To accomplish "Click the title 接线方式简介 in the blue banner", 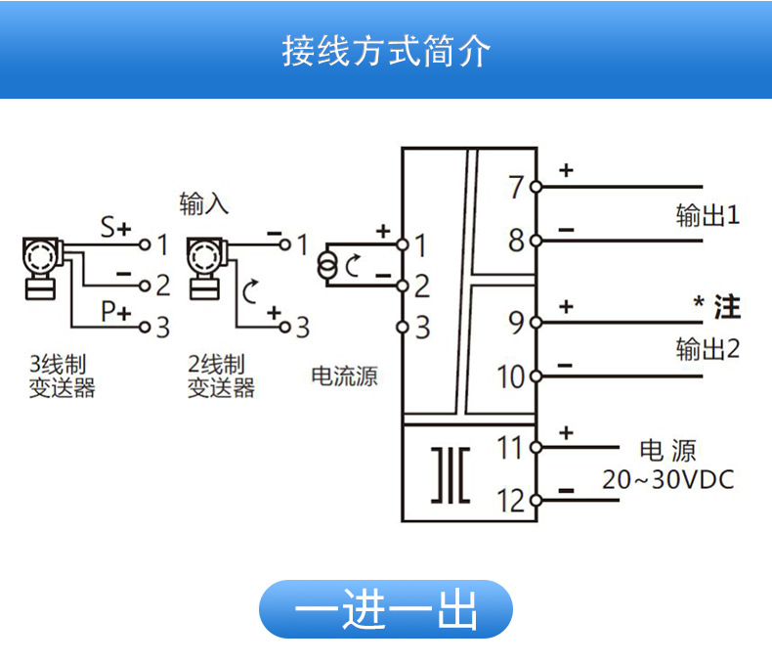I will (385, 51).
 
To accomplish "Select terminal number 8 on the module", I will (517, 240).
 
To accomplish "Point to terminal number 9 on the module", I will (516, 322).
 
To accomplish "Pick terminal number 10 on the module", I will (511, 376).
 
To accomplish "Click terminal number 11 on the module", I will (510, 449).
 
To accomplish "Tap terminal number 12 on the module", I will (510, 501).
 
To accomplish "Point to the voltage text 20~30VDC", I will (667, 480).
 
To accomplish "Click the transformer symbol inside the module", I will (450, 475).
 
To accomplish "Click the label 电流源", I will (344, 376).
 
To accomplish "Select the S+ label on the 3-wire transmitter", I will (115, 229).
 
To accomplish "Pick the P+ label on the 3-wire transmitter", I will (116, 312).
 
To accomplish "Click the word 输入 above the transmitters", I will (203, 203).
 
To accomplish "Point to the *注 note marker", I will (716, 307).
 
